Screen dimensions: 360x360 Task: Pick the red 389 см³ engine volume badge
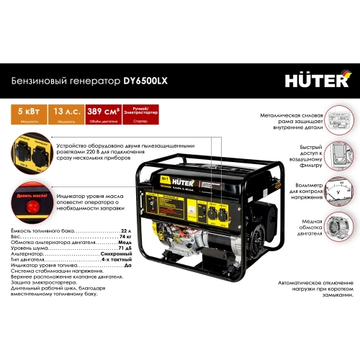(103, 114)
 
